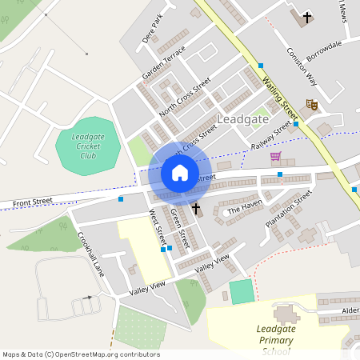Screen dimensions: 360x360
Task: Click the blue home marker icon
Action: tap(180, 172)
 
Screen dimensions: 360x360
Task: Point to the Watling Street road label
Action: tap(280, 88)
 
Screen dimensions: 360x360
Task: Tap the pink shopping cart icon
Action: tap(275, 156)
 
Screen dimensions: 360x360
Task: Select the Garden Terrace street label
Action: tap(163, 62)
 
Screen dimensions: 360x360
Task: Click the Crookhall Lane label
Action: tap(91, 254)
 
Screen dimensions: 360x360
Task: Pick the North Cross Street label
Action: tap(184, 98)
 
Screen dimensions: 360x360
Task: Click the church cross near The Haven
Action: tap(196, 210)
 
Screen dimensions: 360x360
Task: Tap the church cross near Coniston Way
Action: tap(306, 17)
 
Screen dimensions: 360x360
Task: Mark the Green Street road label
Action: tap(180, 227)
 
